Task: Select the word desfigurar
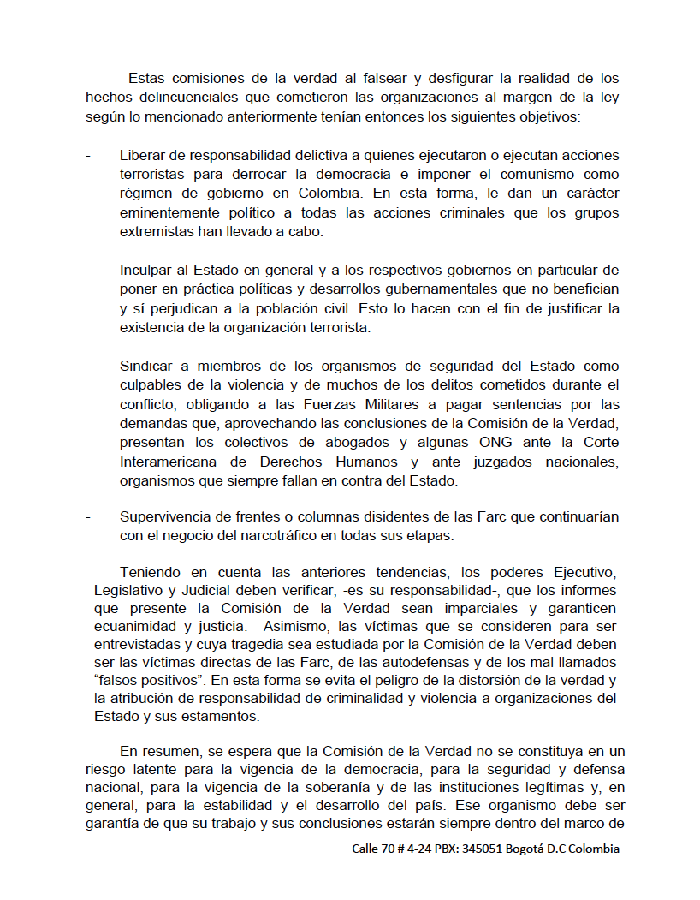(475, 79)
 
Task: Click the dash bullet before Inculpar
(88, 271)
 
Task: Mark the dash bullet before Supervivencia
(88, 517)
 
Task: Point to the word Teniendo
(151, 571)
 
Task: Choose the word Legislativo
(130, 590)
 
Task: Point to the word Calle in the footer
(367, 849)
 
